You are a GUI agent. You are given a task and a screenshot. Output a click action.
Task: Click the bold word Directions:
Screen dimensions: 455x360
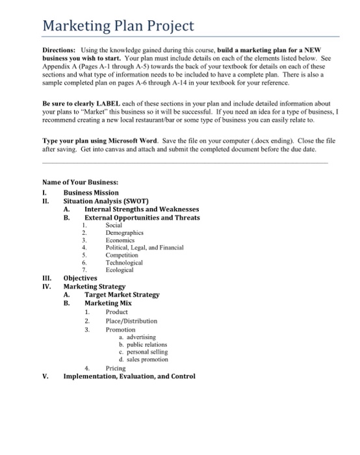tap(60, 49)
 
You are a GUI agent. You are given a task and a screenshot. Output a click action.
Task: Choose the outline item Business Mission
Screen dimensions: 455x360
tap(91, 192)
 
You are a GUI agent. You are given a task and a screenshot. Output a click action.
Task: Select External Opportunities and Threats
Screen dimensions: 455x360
tap(142, 218)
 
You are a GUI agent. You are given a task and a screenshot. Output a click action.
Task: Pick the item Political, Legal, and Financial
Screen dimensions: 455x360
tap(144, 248)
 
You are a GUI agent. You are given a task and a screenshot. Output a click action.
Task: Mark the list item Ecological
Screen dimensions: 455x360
tap(119, 270)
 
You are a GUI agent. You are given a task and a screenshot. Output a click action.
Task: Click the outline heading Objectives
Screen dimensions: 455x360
tap(80, 278)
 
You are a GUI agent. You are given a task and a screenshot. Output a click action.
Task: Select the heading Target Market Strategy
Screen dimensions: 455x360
tap(122, 294)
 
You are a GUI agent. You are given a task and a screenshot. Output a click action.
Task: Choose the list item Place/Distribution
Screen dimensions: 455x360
tap(131, 320)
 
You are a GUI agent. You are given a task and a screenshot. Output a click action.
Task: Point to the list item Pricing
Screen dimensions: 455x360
tap(116, 368)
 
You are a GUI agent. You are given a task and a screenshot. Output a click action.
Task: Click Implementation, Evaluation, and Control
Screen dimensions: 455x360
tap(129, 376)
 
